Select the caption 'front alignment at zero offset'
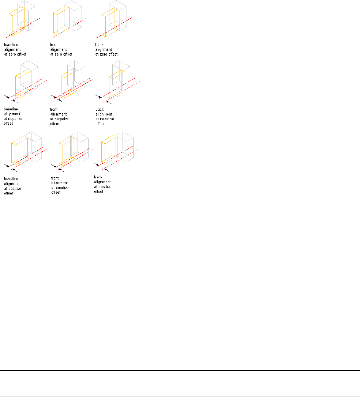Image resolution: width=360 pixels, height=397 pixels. (61, 49)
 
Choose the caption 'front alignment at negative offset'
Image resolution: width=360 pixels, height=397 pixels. (59, 116)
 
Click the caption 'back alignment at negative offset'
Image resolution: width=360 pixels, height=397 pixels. (105, 116)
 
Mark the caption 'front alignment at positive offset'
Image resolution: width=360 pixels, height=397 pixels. (60, 185)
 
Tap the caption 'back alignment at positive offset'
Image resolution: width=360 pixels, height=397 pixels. (103, 184)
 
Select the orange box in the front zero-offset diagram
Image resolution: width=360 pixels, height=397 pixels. (60, 24)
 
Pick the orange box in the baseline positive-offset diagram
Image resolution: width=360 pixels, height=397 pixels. (19, 150)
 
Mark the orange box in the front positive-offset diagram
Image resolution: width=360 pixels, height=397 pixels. (66, 150)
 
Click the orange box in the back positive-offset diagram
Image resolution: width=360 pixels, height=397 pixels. (108, 150)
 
